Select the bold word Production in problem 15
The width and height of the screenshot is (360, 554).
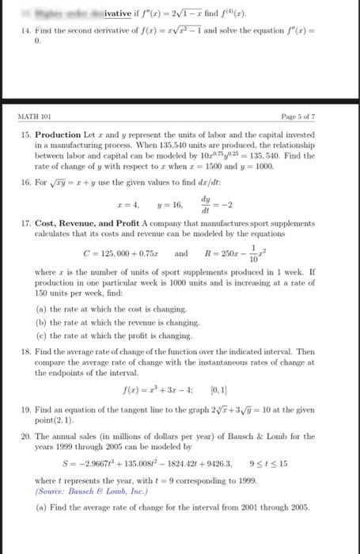63,135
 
